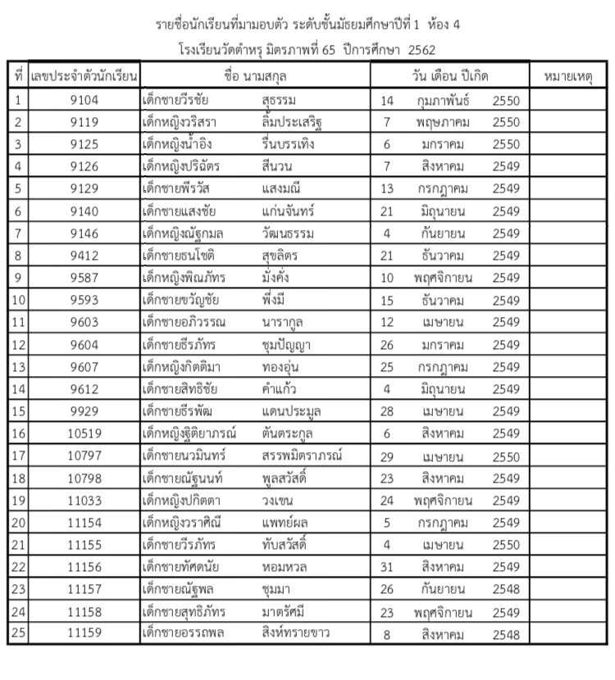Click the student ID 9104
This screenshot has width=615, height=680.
point(84,101)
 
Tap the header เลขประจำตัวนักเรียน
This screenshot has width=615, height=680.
point(84,77)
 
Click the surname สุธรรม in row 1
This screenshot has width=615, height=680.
point(278,101)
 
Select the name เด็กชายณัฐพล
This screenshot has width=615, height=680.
point(176,589)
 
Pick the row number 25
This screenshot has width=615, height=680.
point(18,633)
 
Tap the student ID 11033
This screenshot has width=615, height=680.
point(84,500)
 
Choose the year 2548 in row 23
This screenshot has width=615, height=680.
point(506,589)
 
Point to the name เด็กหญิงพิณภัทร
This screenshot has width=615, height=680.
point(183,278)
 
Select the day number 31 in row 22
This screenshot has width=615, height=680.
point(387,567)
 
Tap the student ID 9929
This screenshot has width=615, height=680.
point(84,411)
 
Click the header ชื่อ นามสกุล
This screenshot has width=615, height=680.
point(255,77)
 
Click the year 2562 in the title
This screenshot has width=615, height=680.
point(421,50)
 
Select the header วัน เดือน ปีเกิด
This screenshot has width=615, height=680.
point(450,77)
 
